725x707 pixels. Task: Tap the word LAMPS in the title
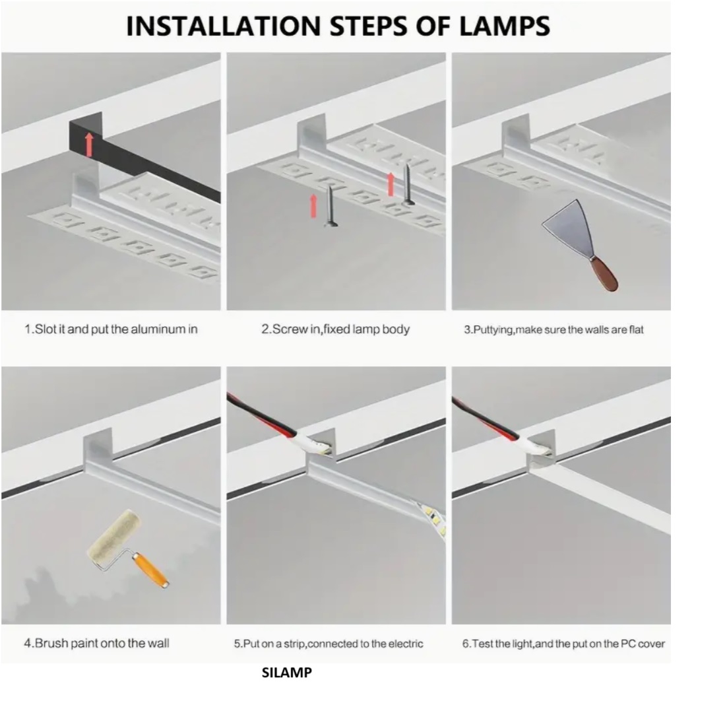pyautogui.click(x=505, y=26)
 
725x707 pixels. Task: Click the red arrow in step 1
pyautogui.click(x=89, y=145)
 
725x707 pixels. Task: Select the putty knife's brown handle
pyautogui.click(x=604, y=275)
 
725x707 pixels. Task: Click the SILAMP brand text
pyautogui.click(x=287, y=672)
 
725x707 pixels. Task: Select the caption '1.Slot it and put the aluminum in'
pyautogui.click(x=111, y=329)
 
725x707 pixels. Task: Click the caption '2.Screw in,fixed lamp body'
pyautogui.click(x=335, y=329)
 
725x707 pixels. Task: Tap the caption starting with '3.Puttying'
pyautogui.click(x=553, y=329)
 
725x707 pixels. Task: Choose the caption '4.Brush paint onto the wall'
pyautogui.click(x=96, y=643)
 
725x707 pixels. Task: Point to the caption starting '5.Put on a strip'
pyautogui.click(x=329, y=644)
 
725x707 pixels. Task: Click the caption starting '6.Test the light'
pyautogui.click(x=563, y=644)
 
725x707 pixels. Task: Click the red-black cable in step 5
pyautogui.click(x=262, y=413)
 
